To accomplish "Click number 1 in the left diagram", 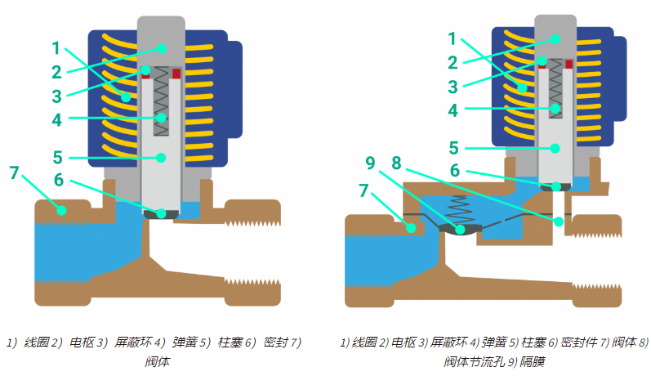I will [56, 47].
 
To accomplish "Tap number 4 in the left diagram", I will [56, 119].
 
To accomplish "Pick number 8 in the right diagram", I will [396, 163].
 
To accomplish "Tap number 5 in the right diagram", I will [454, 147].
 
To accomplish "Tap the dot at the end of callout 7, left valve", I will [61, 210].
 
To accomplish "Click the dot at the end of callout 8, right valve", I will [560, 221].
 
